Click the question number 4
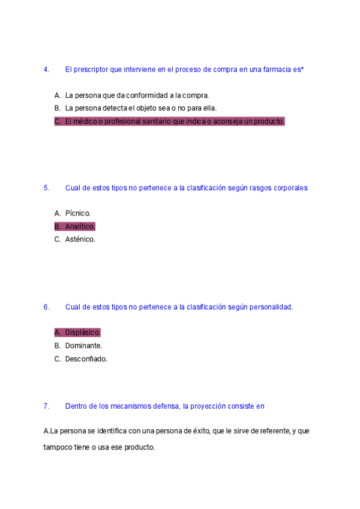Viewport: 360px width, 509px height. point(46,70)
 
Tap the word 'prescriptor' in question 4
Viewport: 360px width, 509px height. point(91,70)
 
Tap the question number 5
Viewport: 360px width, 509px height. point(46,188)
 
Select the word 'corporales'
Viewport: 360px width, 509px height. point(290,188)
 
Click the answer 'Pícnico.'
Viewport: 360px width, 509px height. point(78,213)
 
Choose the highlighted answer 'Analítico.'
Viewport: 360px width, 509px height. point(80,226)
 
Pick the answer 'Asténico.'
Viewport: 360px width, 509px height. point(80,239)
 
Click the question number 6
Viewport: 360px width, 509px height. point(46,307)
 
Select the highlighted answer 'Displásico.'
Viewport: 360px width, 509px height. point(83,332)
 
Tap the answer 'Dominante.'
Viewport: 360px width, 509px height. point(83,346)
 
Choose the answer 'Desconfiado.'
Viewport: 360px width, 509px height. point(86,359)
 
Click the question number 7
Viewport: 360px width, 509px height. point(46,406)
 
